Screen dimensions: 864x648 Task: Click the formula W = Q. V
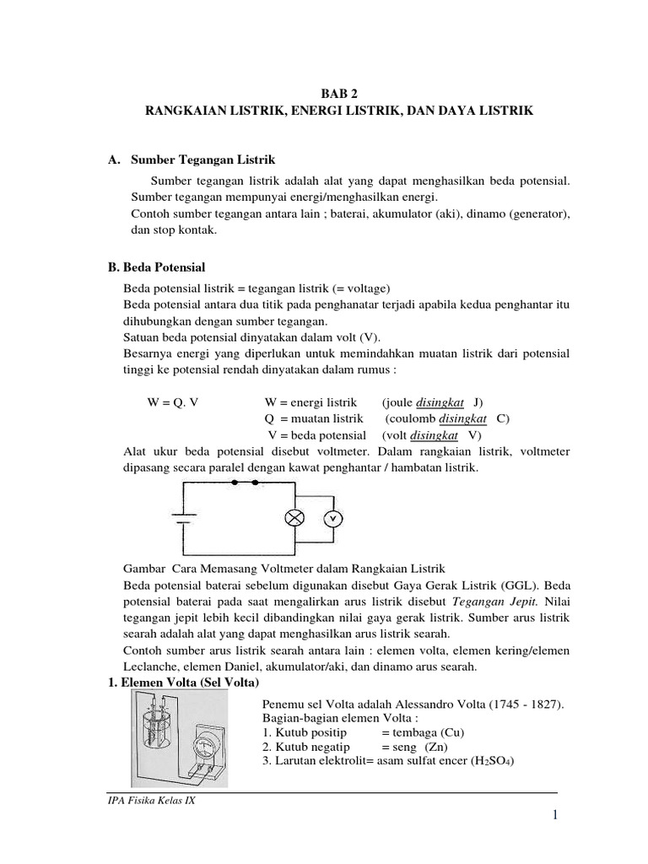click(x=173, y=402)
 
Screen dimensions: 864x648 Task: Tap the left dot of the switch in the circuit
click(x=234, y=483)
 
